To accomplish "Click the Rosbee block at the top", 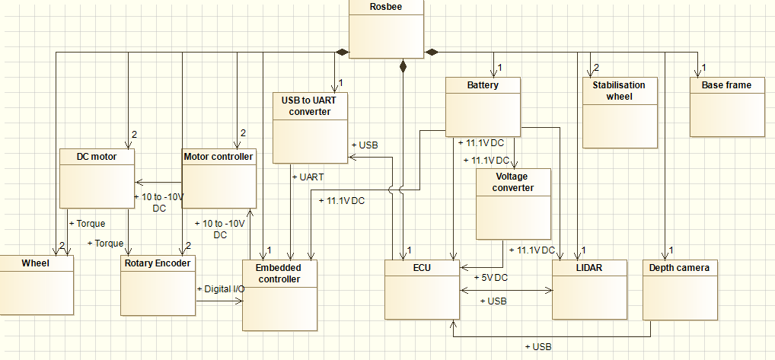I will [x=385, y=28].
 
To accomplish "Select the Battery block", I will [x=483, y=107].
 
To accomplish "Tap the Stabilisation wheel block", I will [x=619, y=112].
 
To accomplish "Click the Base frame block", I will [x=726, y=107].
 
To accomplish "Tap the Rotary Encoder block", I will [x=158, y=285].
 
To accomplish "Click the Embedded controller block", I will [x=279, y=295].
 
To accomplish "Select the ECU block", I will [x=422, y=289].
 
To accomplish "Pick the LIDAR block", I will [x=589, y=289].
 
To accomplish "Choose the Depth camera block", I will [x=680, y=289].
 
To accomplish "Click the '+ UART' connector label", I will [x=308, y=177].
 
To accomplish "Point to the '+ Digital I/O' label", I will [x=221, y=289].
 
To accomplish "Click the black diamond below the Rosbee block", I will [x=403, y=67].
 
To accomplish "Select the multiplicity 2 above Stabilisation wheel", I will [x=596, y=68].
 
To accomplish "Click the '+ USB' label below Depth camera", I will [x=538, y=346].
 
